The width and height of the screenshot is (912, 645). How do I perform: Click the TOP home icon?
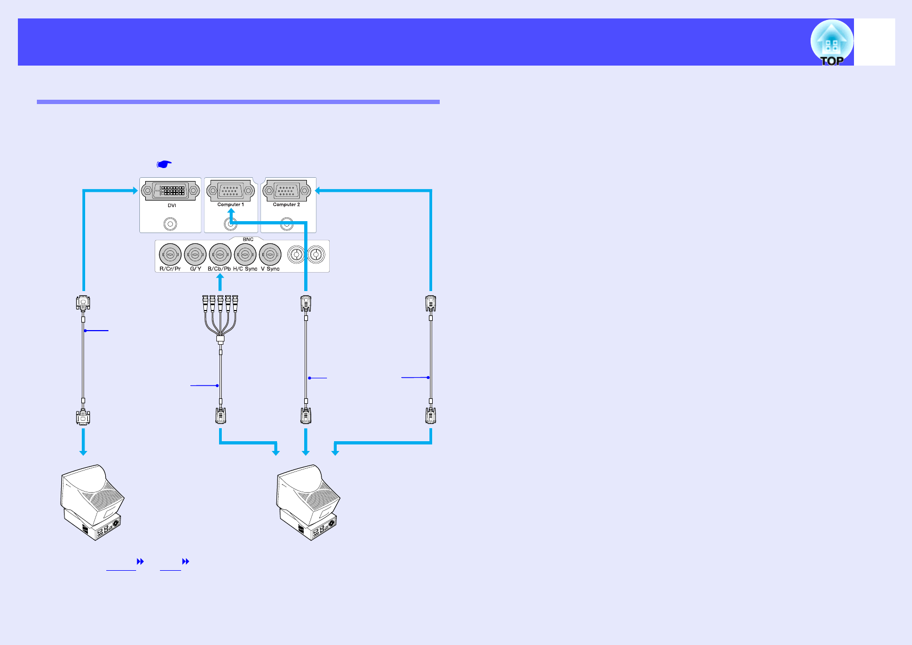click(832, 43)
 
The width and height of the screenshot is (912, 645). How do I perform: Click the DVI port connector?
click(170, 191)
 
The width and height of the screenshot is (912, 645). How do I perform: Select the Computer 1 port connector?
click(230, 191)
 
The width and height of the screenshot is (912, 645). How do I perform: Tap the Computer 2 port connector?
click(286, 191)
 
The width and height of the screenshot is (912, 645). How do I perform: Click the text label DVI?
click(171, 205)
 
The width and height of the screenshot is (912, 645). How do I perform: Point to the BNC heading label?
click(248, 239)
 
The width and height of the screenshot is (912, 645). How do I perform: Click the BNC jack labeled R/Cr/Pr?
click(170, 254)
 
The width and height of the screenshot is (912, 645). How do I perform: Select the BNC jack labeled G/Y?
click(195, 254)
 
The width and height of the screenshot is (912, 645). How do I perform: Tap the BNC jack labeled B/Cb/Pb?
click(220, 254)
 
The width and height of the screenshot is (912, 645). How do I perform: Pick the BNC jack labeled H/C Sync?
click(245, 254)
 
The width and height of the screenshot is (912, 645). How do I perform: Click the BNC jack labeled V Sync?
click(270, 254)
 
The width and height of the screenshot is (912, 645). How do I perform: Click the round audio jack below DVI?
click(170, 224)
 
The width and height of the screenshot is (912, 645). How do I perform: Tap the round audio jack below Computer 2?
click(287, 224)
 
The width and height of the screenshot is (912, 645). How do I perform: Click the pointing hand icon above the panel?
click(164, 164)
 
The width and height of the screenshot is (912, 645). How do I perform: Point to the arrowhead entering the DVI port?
click(134, 190)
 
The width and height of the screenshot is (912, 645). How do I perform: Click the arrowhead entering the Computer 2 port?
click(319, 190)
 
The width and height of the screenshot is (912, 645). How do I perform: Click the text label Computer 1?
click(230, 205)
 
